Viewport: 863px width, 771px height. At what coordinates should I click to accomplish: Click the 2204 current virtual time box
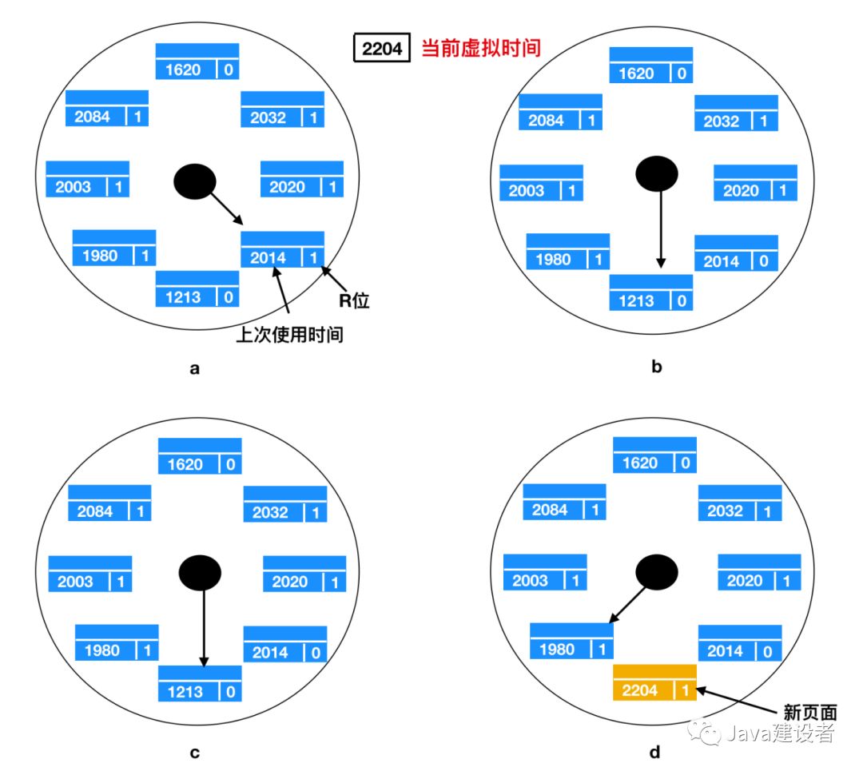point(381,49)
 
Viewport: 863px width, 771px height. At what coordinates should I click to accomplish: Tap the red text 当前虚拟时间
point(480,49)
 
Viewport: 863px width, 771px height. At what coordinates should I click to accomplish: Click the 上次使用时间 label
point(289,334)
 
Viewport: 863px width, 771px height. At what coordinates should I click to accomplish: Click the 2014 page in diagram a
point(282,249)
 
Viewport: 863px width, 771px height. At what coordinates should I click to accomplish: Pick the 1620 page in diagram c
point(200,456)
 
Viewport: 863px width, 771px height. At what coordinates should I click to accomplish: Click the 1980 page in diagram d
point(571,642)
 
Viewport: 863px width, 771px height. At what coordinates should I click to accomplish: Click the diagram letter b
point(657,368)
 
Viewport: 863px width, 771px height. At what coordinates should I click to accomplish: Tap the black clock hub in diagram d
point(656,571)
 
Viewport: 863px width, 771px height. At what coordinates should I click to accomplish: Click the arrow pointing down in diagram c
point(204,627)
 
